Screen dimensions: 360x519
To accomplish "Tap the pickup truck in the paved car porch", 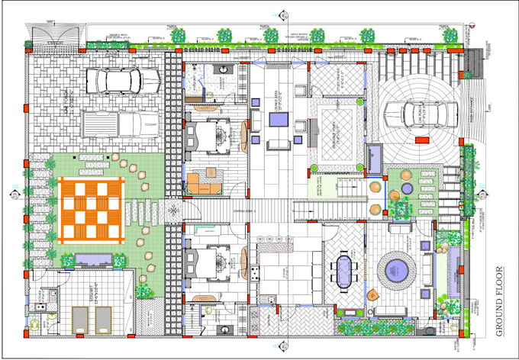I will click(121, 124).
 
